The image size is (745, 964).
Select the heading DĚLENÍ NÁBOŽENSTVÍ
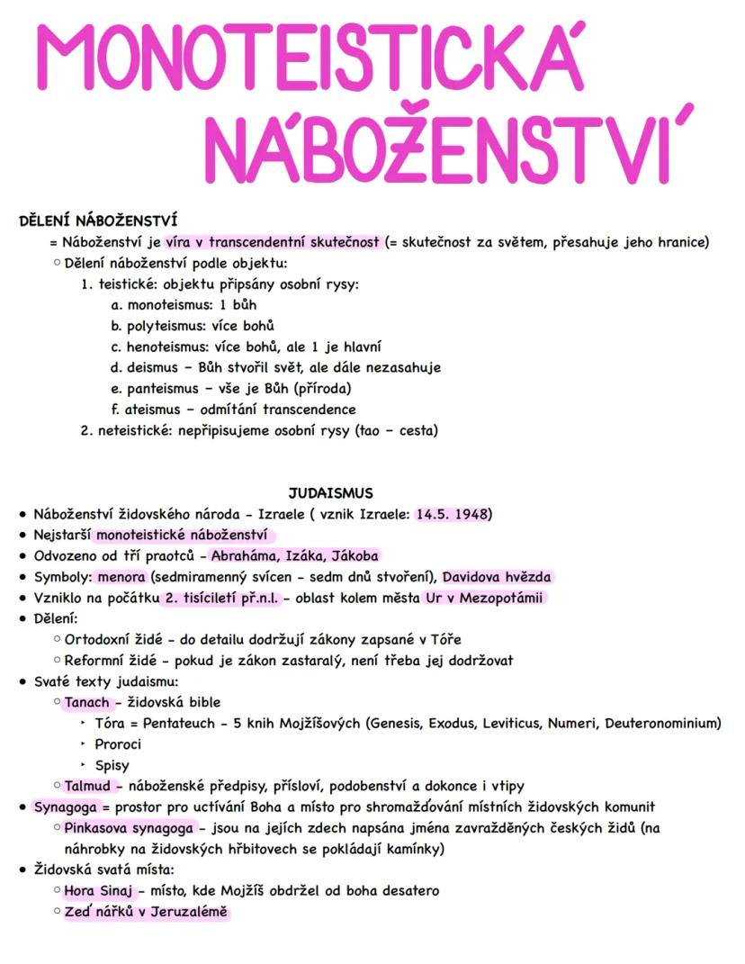(98, 220)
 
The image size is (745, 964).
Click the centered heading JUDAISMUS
(330, 492)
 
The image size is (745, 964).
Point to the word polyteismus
(167, 325)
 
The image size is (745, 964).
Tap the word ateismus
(158, 409)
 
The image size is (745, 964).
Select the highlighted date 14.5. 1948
(453, 514)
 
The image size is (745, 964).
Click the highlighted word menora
(121, 577)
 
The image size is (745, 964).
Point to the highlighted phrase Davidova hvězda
(496, 577)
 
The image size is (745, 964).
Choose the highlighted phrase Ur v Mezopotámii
(483, 598)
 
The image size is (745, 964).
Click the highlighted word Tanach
(87, 702)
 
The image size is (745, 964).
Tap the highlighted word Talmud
(87, 786)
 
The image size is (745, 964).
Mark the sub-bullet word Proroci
(118, 743)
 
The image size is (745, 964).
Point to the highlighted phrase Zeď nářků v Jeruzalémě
(145, 912)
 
